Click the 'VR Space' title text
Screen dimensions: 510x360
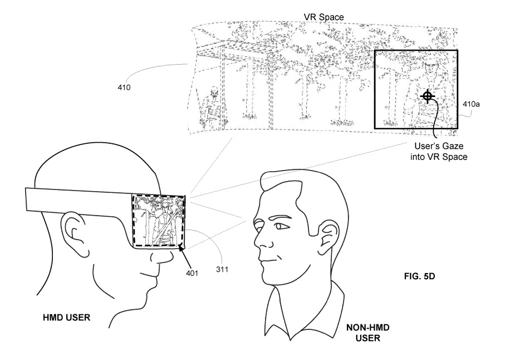[323, 17]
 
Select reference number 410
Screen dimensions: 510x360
[124, 87]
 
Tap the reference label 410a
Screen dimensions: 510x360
[471, 104]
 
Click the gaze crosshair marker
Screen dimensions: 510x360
[428, 96]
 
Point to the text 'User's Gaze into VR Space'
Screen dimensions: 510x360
[439, 152]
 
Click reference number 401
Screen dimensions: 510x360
[192, 273]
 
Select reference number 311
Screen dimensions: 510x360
[222, 270]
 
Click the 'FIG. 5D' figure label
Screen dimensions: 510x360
[420, 276]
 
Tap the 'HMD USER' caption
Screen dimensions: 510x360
[66, 317]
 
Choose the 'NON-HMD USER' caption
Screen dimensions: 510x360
[368, 333]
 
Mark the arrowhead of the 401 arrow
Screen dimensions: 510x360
[180, 248]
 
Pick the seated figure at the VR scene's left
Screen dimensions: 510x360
[212, 107]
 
